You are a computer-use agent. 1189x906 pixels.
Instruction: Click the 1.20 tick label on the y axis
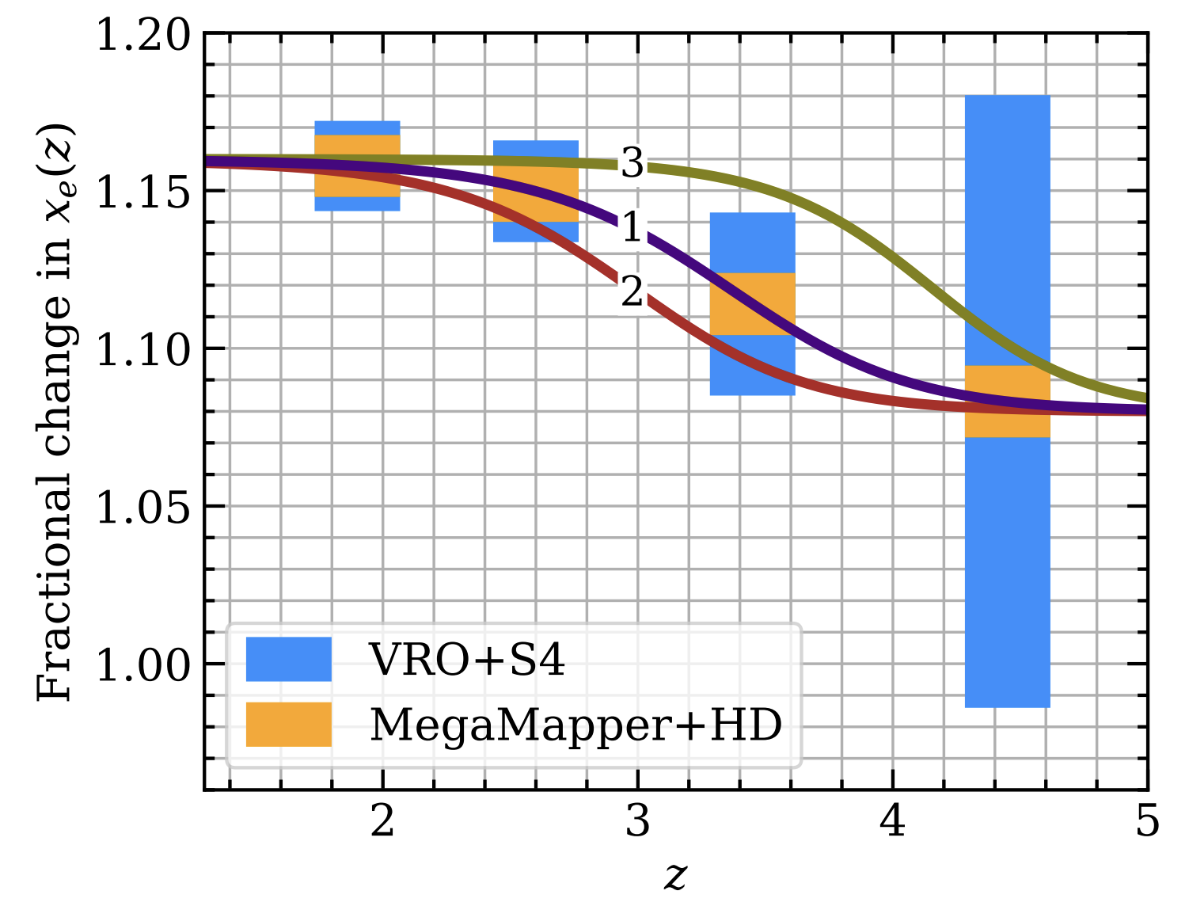tap(143, 35)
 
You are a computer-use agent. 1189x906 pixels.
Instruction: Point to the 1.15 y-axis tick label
tap(143, 192)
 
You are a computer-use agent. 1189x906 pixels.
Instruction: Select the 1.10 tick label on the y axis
tap(143, 349)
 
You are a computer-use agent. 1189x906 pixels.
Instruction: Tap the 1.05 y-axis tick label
tap(143, 507)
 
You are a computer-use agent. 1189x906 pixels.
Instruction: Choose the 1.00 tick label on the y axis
tap(143, 664)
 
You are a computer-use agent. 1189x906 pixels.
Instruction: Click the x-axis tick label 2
tap(382, 821)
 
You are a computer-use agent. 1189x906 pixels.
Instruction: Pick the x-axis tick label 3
tap(637, 821)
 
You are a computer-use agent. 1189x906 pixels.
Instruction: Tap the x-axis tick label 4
tap(892, 821)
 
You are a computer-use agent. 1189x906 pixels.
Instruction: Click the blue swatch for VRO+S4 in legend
tap(288, 659)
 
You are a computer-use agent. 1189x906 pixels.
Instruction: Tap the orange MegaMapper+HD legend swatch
tap(288, 724)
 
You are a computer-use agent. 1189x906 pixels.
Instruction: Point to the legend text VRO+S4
tap(467, 659)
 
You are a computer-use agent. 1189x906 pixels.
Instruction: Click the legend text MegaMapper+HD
tap(576, 724)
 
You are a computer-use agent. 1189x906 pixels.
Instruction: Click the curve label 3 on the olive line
tap(632, 163)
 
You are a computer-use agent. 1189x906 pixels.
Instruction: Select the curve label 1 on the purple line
tap(632, 227)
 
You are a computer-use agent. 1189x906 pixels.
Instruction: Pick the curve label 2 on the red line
tap(632, 292)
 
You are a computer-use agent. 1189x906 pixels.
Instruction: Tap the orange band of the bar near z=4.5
tap(1007, 401)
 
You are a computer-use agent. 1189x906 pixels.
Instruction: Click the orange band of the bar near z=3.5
tap(752, 303)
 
